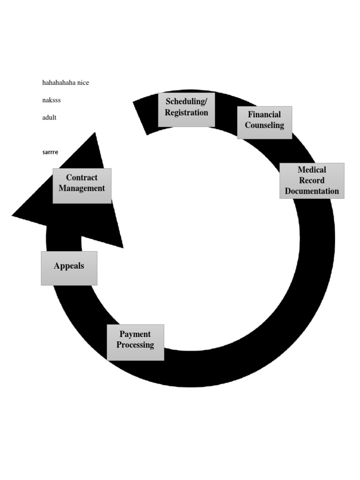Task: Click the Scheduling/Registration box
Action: click(187, 110)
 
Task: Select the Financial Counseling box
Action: click(264, 122)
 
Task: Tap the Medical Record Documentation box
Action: click(312, 180)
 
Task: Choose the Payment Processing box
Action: click(135, 342)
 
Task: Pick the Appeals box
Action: click(69, 268)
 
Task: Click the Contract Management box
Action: click(82, 186)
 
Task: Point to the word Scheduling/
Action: click(187, 101)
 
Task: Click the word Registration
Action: click(187, 112)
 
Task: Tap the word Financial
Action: click(264, 114)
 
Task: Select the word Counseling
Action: click(264, 125)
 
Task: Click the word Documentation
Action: click(312, 191)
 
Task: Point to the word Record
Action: click(312, 180)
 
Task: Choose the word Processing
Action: click(135, 345)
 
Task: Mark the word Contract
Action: click(82, 177)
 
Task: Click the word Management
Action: click(82, 188)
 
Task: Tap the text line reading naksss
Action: click(52, 100)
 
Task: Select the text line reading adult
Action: click(49, 117)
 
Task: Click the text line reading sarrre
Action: click(50, 152)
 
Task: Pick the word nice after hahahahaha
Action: click(83, 82)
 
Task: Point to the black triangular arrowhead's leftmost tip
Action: click(12, 216)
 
